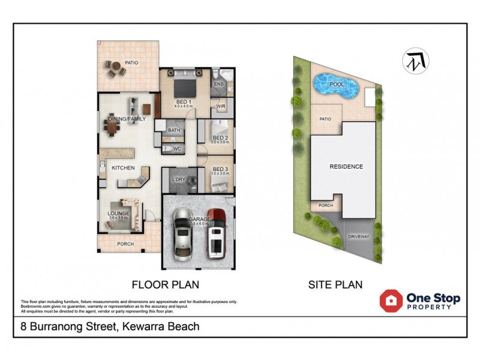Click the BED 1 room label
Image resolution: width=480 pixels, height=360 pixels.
pyautogui.click(x=183, y=101)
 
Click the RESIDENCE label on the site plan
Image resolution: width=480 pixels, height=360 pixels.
pyautogui.click(x=346, y=166)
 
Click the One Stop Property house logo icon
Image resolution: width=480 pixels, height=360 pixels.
pyautogui.click(x=391, y=301)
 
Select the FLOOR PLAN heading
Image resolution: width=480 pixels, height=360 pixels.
pyautogui.click(x=165, y=284)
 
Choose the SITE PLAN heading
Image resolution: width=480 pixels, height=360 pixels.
pyautogui.click(x=335, y=284)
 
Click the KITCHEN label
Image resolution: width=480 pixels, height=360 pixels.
pyautogui.click(x=123, y=168)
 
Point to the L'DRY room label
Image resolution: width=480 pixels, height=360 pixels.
pyautogui.click(x=178, y=180)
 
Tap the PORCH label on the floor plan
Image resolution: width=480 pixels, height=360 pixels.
pyautogui.click(x=125, y=244)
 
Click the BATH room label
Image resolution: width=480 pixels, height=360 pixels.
pyautogui.click(x=174, y=130)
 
